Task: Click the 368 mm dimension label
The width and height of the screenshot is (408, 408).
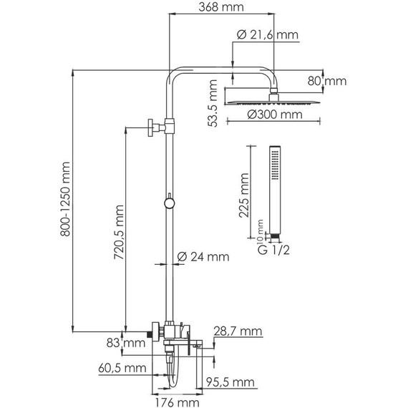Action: (x=221, y=7)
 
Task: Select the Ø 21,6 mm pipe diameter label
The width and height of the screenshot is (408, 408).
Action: (x=268, y=34)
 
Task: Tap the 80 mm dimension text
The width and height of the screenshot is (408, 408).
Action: (x=327, y=81)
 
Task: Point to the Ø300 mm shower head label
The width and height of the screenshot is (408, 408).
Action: (x=275, y=115)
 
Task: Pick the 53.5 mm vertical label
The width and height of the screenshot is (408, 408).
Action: (x=213, y=103)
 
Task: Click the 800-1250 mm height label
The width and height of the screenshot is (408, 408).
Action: (x=65, y=199)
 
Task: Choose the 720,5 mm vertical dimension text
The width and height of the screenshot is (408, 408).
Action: (x=119, y=233)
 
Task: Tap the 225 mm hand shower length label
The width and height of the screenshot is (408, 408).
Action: (x=244, y=195)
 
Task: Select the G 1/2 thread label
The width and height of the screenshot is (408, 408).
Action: (x=273, y=250)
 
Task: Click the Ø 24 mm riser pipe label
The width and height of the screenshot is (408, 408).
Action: (x=203, y=257)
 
